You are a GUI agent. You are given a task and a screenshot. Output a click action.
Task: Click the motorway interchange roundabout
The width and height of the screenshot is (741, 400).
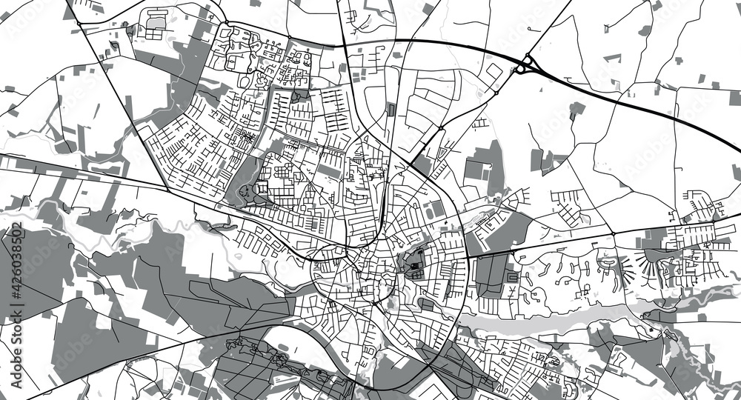pyautogui.click(x=525, y=64)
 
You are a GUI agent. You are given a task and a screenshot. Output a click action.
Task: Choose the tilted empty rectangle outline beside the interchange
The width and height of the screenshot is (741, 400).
pyautogui.click(x=494, y=71)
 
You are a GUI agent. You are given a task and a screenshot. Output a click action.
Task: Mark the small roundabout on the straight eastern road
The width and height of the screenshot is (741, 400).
pyautogui.click(x=614, y=234)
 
